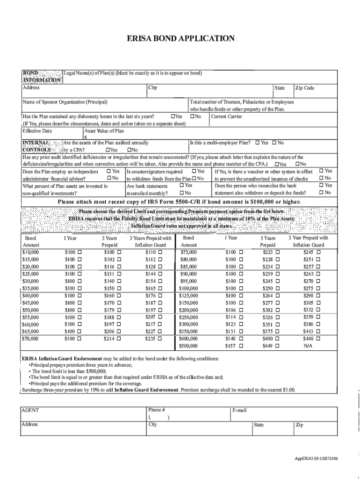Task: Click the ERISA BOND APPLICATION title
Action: tap(180, 38)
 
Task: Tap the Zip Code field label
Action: tap(305, 88)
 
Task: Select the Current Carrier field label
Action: tap(227, 116)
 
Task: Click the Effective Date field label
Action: tap(37, 131)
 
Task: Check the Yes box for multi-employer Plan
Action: tap(257, 143)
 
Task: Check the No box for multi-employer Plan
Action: tap(274, 143)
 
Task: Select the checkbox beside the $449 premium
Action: tap(277, 346)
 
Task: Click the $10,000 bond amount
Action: tap(31, 253)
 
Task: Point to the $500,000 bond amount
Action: tap(188, 346)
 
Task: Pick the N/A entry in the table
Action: tap(308, 346)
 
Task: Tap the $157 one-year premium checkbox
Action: tap(241, 346)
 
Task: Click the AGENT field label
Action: tap(30, 411)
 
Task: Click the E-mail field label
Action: tap(240, 411)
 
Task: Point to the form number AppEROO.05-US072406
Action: tap(317, 458)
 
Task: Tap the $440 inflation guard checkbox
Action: tap(318, 338)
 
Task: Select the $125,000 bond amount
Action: tap(188, 296)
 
